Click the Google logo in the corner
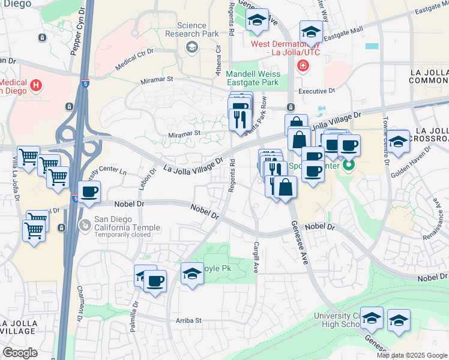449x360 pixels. click(x=20, y=353)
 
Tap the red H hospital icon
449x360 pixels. click(x=36, y=86)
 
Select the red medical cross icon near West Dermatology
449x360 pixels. click(x=303, y=65)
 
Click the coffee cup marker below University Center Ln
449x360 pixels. click(x=89, y=192)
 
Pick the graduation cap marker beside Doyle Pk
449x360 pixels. click(x=192, y=275)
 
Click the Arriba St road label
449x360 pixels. click(x=188, y=320)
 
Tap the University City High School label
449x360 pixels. click(x=336, y=320)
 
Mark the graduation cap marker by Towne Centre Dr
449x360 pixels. click(x=398, y=141)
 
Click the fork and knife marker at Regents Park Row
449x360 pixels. click(x=240, y=118)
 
